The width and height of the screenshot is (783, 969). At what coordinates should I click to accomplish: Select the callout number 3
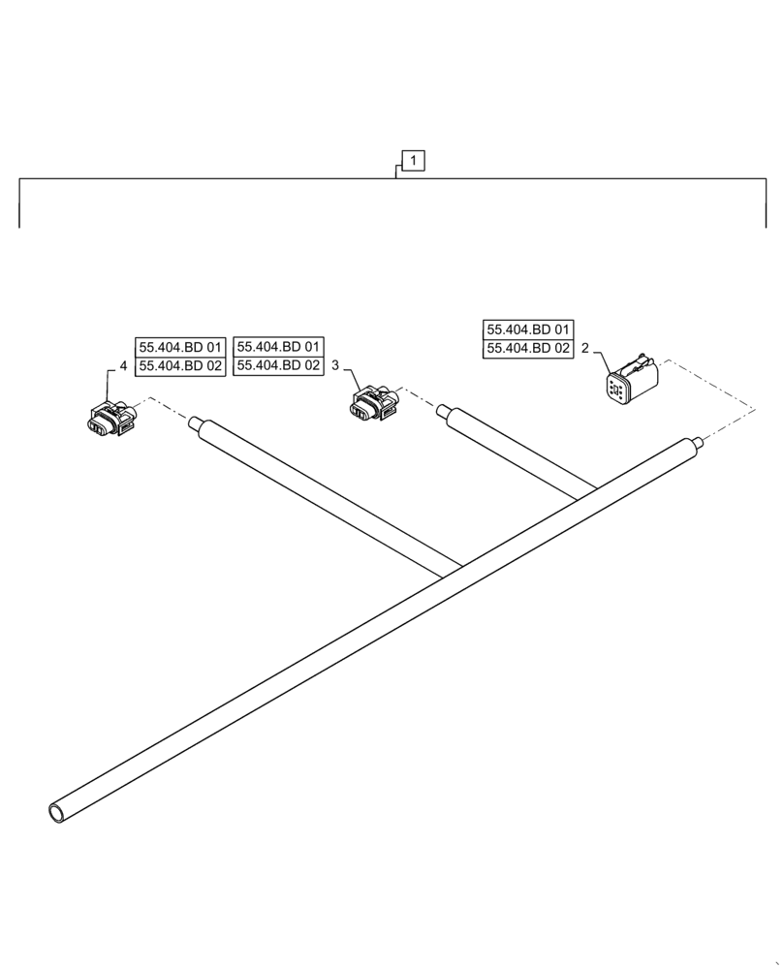[x=335, y=366]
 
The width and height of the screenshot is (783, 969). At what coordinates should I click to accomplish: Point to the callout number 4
[x=123, y=366]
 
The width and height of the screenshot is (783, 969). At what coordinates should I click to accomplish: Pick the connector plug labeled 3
[x=372, y=403]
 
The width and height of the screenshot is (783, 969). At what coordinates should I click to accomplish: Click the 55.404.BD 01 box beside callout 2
[x=528, y=329]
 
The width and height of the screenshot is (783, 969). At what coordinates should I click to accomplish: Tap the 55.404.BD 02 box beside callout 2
[x=528, y=349]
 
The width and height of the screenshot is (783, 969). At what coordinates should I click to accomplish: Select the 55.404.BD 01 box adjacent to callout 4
[x=180, y=347]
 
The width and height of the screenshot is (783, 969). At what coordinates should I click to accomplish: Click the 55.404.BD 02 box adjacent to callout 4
[x=180, y=366]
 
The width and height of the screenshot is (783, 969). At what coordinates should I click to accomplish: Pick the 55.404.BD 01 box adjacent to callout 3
[x=279, y=347]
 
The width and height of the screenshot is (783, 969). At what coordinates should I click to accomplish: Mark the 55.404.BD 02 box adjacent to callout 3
[x=279, y=366]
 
